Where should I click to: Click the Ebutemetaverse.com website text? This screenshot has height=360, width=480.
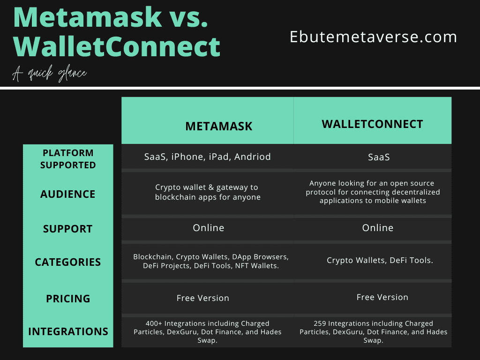coord(373,37)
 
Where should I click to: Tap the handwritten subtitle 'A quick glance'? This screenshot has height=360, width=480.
coord(50,74)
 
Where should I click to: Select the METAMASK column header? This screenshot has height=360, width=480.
coord(218,126)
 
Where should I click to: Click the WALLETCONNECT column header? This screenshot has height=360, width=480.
coord(372,124)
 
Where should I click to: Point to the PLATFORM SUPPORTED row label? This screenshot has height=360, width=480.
coord(68,159)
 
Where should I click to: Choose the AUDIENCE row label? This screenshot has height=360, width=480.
coord(68,194)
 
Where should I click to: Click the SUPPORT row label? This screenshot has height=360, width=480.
coord(68,229)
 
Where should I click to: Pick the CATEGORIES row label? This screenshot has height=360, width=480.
coord(68,262)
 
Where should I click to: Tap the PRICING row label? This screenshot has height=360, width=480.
coord(68,299)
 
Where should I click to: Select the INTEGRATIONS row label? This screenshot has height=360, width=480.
coord(68,331)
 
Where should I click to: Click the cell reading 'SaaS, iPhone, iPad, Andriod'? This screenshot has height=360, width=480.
coord(207,157)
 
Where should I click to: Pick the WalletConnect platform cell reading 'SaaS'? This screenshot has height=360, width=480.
coord(379,157)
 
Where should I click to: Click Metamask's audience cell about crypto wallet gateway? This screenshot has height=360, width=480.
coord(208,192)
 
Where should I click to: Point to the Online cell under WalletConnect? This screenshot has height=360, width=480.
coord(378,228)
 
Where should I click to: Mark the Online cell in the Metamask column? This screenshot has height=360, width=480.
coord(208,228)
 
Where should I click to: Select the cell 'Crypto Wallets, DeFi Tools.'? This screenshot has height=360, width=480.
coord(380,260)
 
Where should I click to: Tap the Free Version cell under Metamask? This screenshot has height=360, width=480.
coord(202,298)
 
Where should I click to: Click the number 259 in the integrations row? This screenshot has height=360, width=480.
coord(320,323)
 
